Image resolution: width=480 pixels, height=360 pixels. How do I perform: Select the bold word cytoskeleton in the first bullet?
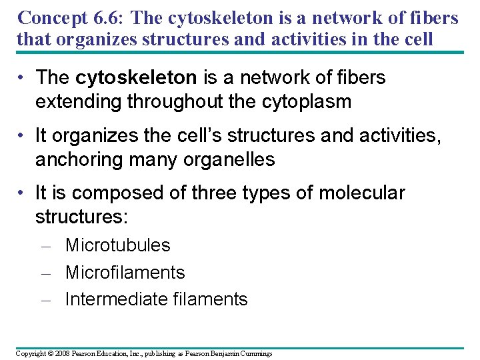136,78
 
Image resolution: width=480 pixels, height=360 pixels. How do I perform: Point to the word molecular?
361,193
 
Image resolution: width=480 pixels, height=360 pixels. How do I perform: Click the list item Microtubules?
118,245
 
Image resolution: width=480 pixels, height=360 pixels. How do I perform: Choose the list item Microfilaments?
125,273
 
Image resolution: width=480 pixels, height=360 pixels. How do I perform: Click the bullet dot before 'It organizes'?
22,136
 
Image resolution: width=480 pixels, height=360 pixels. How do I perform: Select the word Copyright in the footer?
31,353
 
